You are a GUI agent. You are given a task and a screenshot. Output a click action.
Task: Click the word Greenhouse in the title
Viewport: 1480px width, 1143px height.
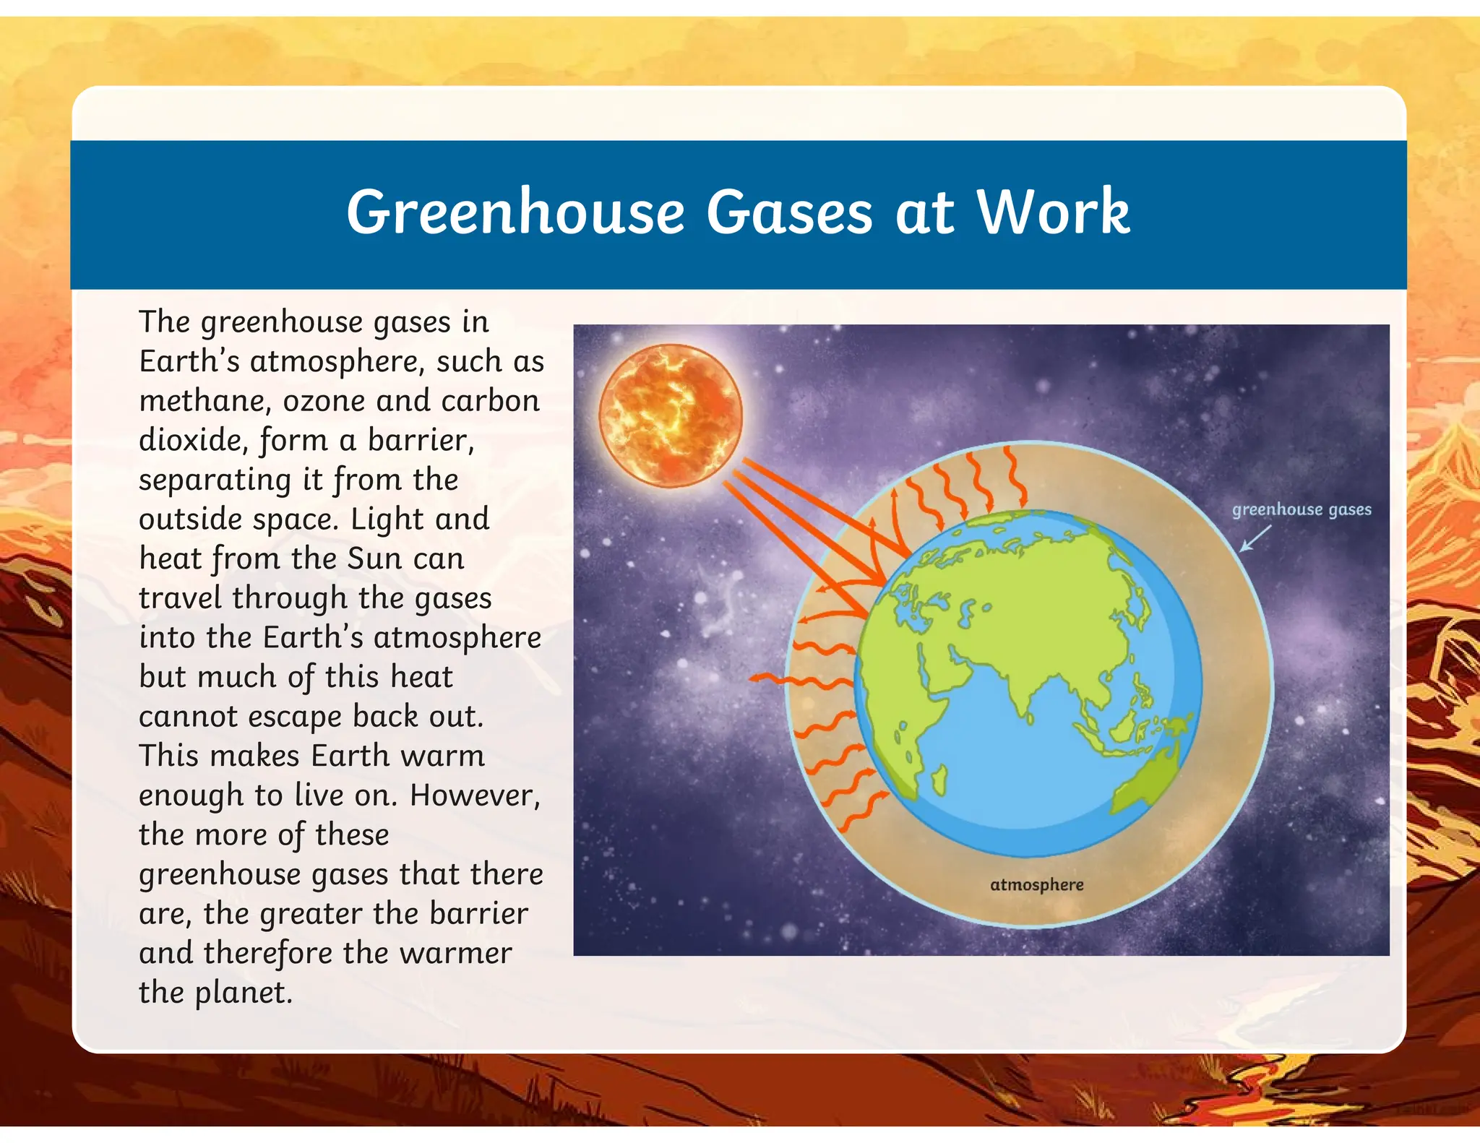click(x=515, y=212)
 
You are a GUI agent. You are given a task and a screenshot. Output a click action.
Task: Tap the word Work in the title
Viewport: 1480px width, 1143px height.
click(x=1053, y=212)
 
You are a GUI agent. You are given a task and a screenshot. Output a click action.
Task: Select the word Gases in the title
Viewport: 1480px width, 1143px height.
click(x=789, y=212)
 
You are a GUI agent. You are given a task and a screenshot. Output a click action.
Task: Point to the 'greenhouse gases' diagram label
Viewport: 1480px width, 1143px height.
click(x=1301, y=509)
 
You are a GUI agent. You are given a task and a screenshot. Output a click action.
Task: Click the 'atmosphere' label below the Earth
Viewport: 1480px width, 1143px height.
click(x=1036, y=884)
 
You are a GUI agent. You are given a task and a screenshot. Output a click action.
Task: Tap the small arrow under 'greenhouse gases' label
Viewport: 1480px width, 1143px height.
click(x=1255, y=539)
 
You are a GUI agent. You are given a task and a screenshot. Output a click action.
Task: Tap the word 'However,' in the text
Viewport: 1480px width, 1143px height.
click(x=475, y=795)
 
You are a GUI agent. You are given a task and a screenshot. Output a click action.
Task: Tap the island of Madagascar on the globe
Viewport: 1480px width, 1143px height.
click(x=940, y=780)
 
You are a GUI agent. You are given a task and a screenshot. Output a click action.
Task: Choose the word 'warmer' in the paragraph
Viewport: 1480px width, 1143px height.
click(x=455, y=953)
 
